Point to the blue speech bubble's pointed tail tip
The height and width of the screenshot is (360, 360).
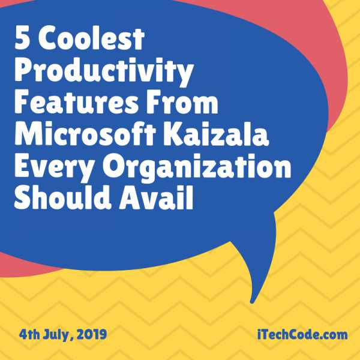[254, 299]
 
